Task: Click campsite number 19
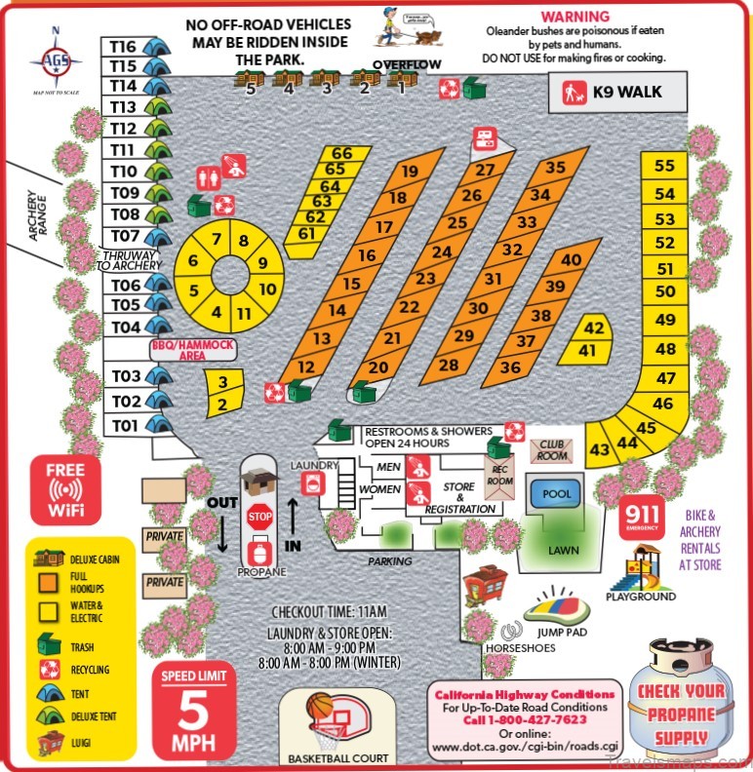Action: point(410,172)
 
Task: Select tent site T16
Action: point(124,46)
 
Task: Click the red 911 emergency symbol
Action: point(642,517)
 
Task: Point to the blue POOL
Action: point(557,494)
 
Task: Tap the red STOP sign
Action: point(259,517)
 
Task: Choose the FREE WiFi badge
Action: point(65,488)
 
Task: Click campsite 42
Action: point(595,328)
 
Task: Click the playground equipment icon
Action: point(641,567)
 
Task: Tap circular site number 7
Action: point(217,240)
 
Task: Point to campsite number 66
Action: point(341,153)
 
